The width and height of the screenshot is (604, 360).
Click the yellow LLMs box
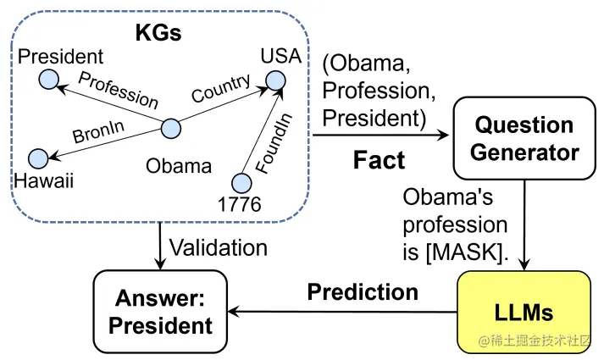524,312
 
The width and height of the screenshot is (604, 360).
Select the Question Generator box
524,138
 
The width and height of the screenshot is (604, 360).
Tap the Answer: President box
160,312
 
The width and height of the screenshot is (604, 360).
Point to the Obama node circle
171,130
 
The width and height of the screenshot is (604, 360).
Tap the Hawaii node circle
38,158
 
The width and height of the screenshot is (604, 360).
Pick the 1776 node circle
242,181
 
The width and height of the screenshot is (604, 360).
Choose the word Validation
219,248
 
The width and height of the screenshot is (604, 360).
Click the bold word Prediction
363,292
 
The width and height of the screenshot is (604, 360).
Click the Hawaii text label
43,180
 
